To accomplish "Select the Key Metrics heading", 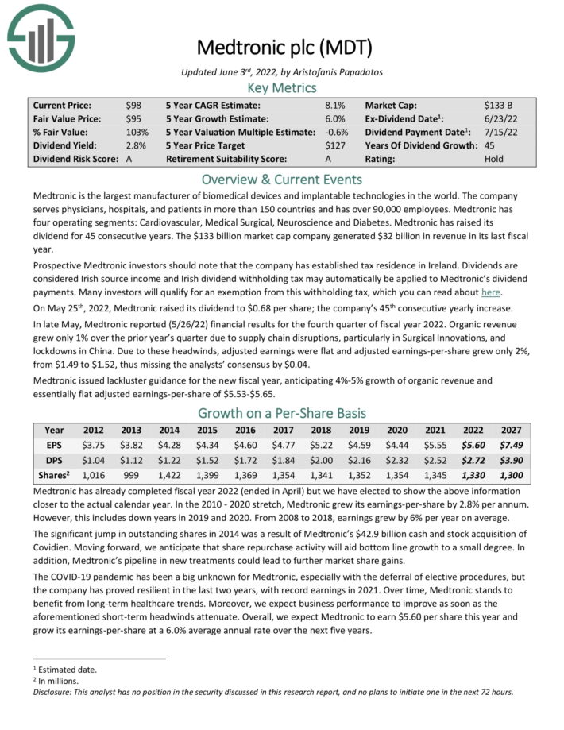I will click(x=282, y=87).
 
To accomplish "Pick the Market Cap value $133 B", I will click(x=499, y=105).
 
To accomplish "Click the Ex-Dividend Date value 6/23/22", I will click(x=498, y=118).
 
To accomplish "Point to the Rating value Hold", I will click(x=493, y=159).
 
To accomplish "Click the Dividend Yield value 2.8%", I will click(x=136, y=145).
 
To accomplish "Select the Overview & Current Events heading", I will click(x=282, y=179).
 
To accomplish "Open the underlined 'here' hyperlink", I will click(x=491, y=292).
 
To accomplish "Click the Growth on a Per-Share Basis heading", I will click(x=282, y=413).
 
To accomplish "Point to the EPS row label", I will click(x=54, y=446).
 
